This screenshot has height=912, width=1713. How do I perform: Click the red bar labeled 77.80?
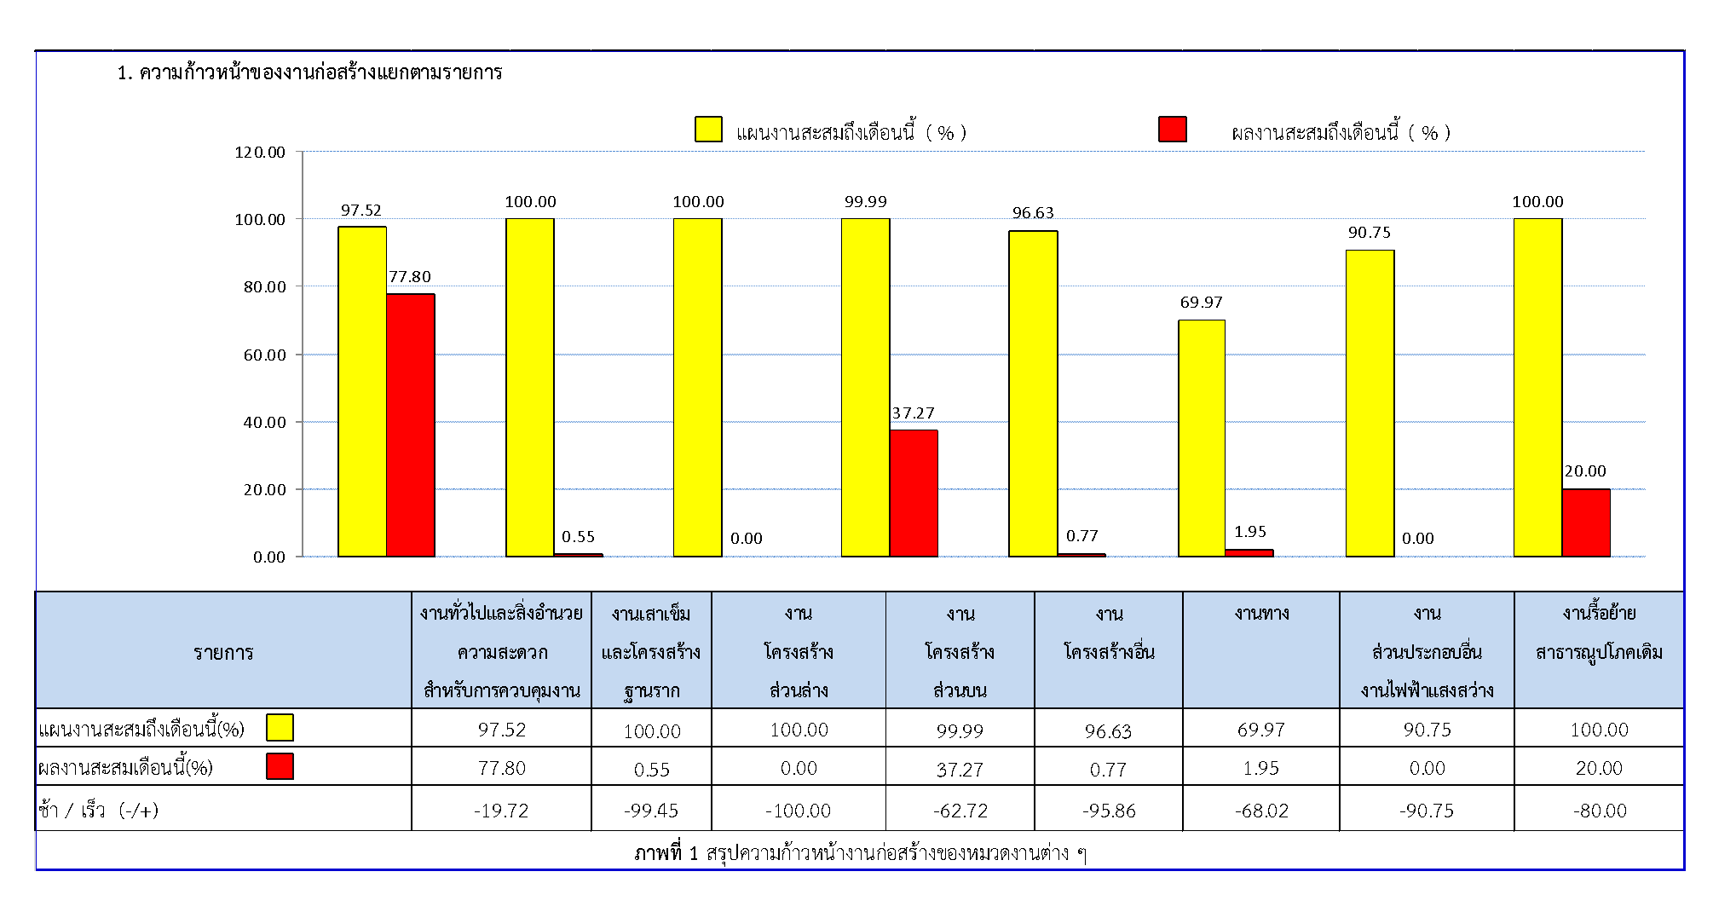(411, 425)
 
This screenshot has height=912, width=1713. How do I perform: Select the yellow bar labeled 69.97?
(1202, 438)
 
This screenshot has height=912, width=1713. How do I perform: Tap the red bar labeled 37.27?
(914, 494)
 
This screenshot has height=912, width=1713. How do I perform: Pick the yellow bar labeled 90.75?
(1370, 403)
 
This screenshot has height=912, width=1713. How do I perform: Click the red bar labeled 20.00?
(1586, 522)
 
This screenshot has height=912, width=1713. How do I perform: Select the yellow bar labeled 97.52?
(362, 391)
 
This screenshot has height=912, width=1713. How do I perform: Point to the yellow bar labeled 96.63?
(1033, 393)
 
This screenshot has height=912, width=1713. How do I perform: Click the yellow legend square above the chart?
(708, 129)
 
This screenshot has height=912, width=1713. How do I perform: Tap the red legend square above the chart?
(1173, 129)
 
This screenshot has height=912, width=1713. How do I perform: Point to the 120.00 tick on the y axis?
(260, 152)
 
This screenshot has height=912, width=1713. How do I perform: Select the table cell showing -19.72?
(501, 811)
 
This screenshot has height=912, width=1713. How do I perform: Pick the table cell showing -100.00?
(799, 811)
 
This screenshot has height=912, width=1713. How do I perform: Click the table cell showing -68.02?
(1261, 811)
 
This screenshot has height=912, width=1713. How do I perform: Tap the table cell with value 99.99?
(960, 730)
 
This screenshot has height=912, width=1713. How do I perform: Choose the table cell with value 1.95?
(1261, 768)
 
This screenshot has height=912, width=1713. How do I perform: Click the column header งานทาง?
(1261, 613)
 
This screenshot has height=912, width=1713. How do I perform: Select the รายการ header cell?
(223, 652)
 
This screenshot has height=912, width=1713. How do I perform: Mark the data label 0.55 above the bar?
(578, 536)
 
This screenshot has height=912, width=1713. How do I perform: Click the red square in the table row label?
(280, 766)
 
